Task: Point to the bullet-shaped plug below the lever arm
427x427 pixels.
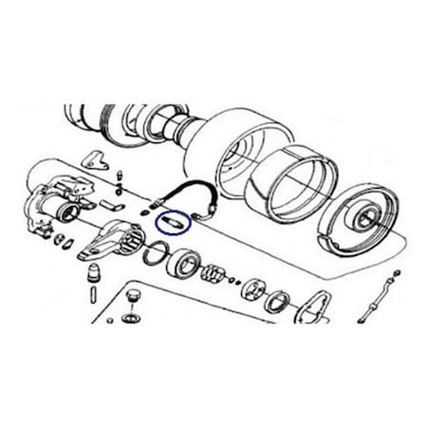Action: (95, 276)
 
